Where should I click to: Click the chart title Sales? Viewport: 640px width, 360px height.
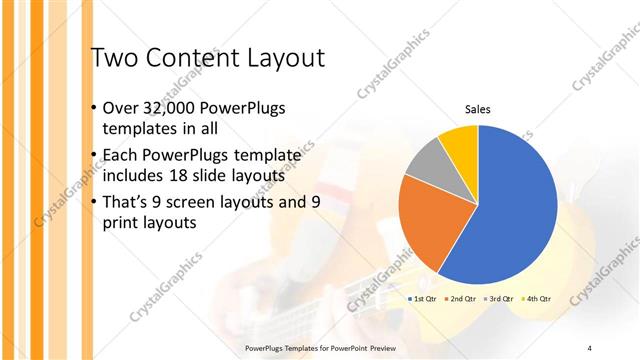pos(477,109)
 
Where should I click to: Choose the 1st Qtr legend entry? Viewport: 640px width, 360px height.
pos(421,299)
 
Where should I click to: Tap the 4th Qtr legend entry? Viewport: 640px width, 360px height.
pos(539,299)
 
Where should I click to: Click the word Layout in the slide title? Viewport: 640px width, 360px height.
pos(282,58)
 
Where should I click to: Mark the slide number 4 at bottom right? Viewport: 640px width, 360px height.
pos(590,347)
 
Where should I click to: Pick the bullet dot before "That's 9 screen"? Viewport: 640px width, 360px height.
pos(94,203)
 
